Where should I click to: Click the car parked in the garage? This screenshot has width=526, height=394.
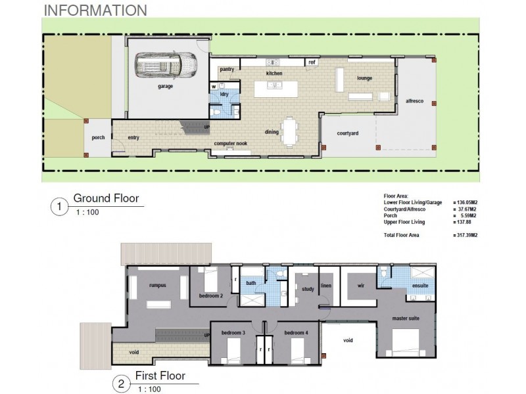click(166, 66)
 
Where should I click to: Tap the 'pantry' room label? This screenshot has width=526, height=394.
click(227, 69)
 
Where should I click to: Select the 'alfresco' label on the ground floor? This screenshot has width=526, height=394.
click(415, 102)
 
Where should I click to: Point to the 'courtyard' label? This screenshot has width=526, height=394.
click(347, 133)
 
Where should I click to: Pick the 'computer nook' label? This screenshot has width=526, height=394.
click(230, 143)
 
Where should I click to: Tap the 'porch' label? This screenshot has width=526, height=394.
click(98, 138)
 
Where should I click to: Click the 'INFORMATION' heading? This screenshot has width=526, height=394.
click(95, 11)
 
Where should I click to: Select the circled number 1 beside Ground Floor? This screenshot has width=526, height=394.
click(59, 208)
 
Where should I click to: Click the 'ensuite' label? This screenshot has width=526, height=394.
click(420, 286)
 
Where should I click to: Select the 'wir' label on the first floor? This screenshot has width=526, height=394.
click(360, 286)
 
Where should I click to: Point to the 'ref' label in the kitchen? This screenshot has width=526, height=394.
click(312, 62)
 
